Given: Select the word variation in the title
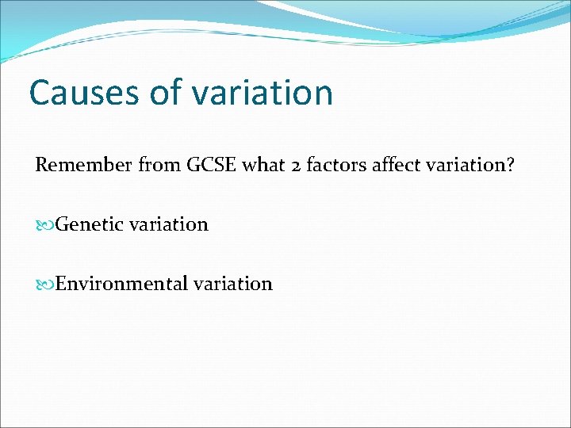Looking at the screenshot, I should pyautogui.click(x=263, y=93).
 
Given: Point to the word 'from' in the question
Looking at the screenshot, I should pyautogui.click(x=159, y=166).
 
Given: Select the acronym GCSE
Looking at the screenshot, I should pyautogui.click(x=211, y=166).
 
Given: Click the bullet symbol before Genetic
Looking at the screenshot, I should pyautogui.click(x=43, y=225).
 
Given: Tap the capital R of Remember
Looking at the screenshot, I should pyautogui.click(x=41, y=166).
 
